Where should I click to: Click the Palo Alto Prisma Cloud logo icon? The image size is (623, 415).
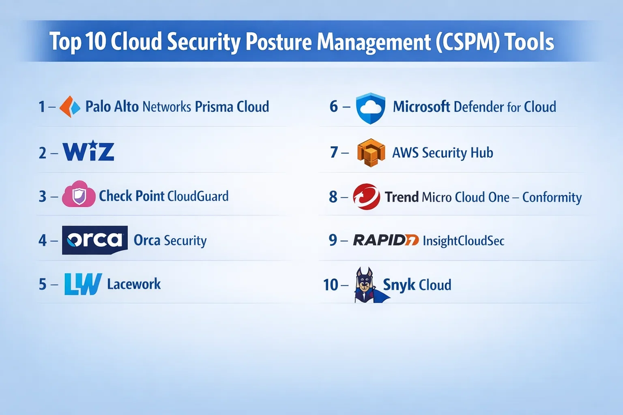pos(70,107)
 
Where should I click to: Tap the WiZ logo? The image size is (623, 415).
pos(88,151)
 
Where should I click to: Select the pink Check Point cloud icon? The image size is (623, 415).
pos(79,194)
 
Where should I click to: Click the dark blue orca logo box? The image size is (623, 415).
pos(95,240)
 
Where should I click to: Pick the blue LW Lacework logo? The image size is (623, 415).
pos(83,284)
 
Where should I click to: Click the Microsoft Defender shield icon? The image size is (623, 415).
pos(370,108)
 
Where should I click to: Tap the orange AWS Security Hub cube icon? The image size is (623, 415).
pos(371,153)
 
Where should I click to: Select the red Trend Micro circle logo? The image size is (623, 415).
pos(366,197)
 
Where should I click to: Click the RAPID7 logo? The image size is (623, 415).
pos(386,240)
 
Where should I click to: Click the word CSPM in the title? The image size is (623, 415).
pos(467,42)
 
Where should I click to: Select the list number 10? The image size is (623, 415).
pos(331,285)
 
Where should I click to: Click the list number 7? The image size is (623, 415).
pos(334,152)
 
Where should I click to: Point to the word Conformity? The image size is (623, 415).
pos(552,198)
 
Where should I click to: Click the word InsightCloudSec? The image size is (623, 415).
pos(463,241)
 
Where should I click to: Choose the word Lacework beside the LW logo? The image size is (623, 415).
pos(134,284)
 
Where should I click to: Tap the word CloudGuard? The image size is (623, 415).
pos(198,196)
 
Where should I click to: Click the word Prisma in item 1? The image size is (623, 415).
pos(214,107)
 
